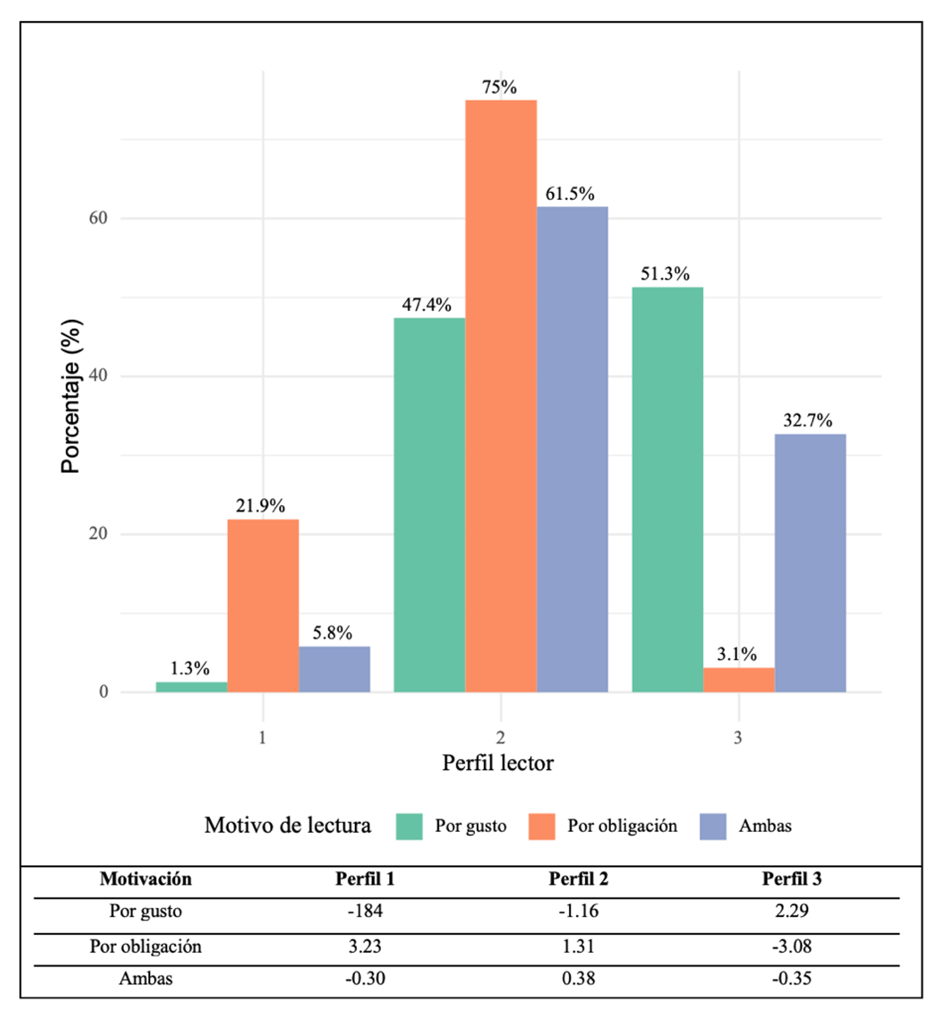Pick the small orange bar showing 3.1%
(x=739, y=680)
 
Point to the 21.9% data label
(x=260, y=506)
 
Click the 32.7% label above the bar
(x=808, y=421)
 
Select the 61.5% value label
(x=570, y=194)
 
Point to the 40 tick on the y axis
(x=98, y=376)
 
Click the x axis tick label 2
(x=500, y=738)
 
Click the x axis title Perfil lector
(x=497, y=763)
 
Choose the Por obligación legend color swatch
(x=541, y=826)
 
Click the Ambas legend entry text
(x=764, y=826)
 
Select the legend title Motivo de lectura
(x=287, y=826)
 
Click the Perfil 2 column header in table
(x=578, y=879)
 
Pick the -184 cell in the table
(x=365, y=911)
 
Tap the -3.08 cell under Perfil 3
(x=791, y=946)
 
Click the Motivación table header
(x=146, y=879)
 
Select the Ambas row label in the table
(x=146, y=978)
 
